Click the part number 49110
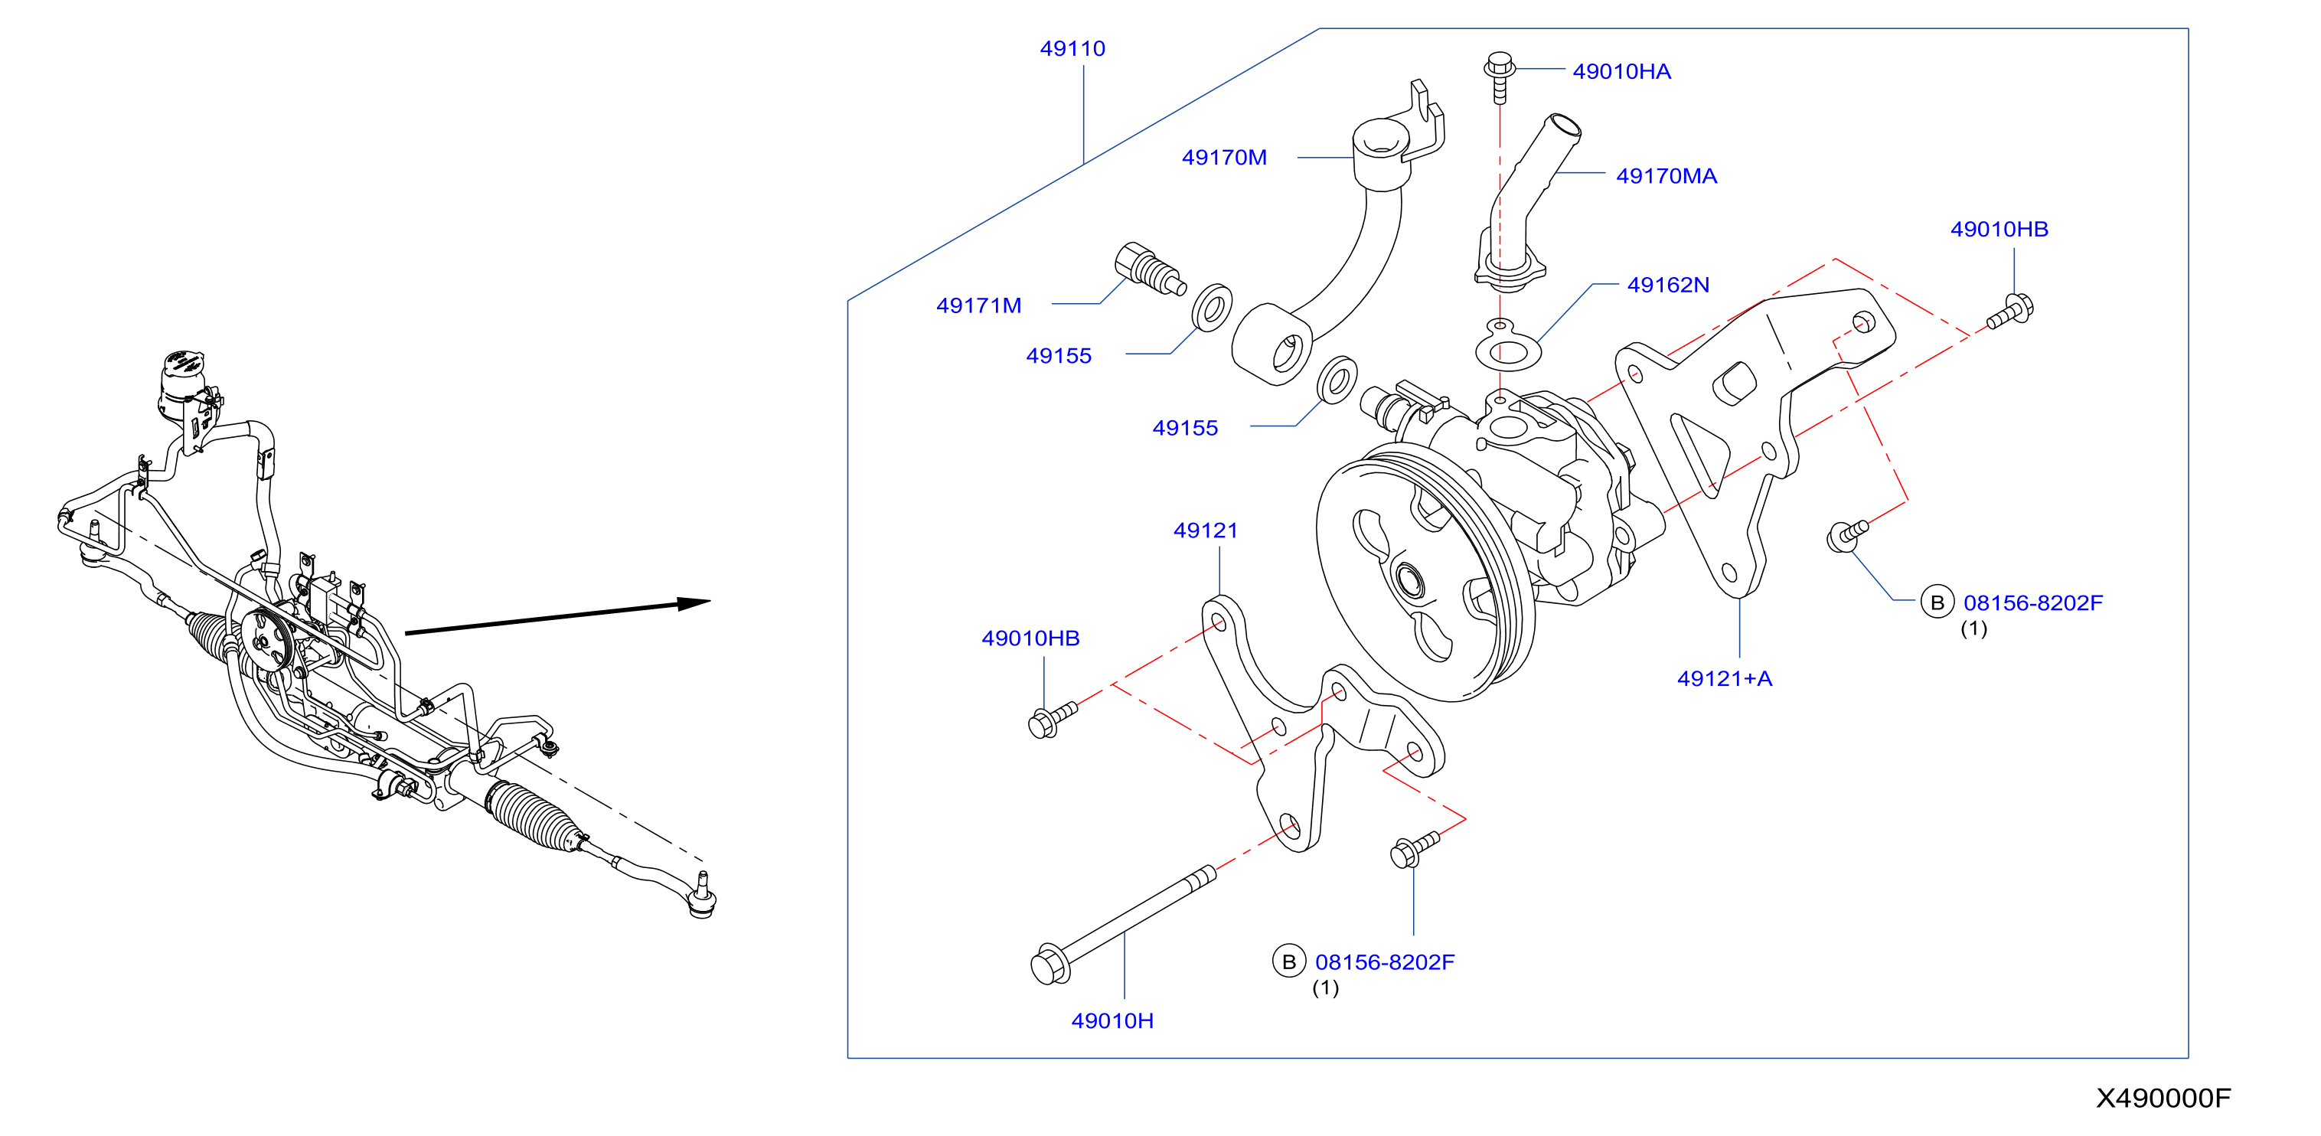point(1072,49)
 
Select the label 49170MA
point(1666,175)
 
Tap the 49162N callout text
point(1668,285)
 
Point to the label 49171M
point(978,305)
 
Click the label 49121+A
point(1725,678)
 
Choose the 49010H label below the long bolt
point(1112,1020)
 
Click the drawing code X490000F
point(2163,1098)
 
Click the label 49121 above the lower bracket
point(1206,530)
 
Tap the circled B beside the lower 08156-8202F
point(1289,961)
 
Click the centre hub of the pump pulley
point(1408,582)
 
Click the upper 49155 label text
point(1059,356)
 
